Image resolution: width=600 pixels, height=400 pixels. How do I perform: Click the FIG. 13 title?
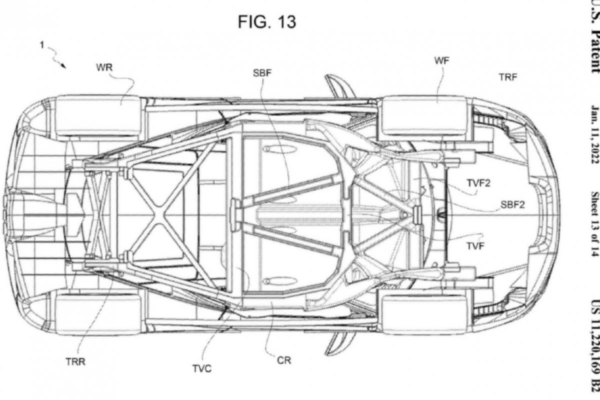(x=266, y=22)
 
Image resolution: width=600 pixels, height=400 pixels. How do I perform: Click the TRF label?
(x=507, y=77)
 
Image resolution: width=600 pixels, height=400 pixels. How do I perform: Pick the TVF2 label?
(x=479, y=183)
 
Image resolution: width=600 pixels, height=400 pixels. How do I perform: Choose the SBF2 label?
(x=512, y=204)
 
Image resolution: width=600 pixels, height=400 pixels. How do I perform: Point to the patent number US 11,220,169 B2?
(x=594, y=345)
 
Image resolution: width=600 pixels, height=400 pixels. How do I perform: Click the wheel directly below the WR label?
(x=98, y=115)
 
